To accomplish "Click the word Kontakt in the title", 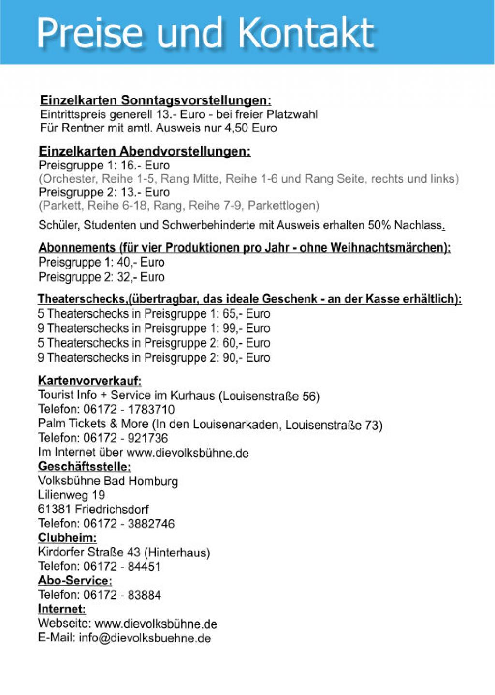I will click(x=306, y=33).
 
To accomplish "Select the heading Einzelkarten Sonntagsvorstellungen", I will click(x=155, y=100).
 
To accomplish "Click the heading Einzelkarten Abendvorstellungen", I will click(x=145, y=151).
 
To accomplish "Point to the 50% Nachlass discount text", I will click(x=405, y=225).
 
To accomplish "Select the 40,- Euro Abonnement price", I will click(x=140, y=262).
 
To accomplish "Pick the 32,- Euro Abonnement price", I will click(x=140, y=277).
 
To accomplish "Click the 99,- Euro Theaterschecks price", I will click(x=246, y=328).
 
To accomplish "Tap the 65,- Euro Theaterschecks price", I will click(x=246, y=313).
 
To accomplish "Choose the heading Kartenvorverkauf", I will click(x=89, y=381).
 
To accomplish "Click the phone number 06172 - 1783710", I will click(x=129, y=410).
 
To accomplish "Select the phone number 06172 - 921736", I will click(x=126, y=438).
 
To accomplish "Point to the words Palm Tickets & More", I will click(x=93, y=424).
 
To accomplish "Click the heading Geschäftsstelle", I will click(x=84, y=467).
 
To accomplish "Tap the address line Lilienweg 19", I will click(x=72, y=495).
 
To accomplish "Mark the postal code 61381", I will click(x=55, y=509).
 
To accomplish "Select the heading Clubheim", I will click(x=67, y=538).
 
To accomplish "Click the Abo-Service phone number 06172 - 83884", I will click(x=122, y=595).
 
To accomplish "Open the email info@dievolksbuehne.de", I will click(x=145, y=638).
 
